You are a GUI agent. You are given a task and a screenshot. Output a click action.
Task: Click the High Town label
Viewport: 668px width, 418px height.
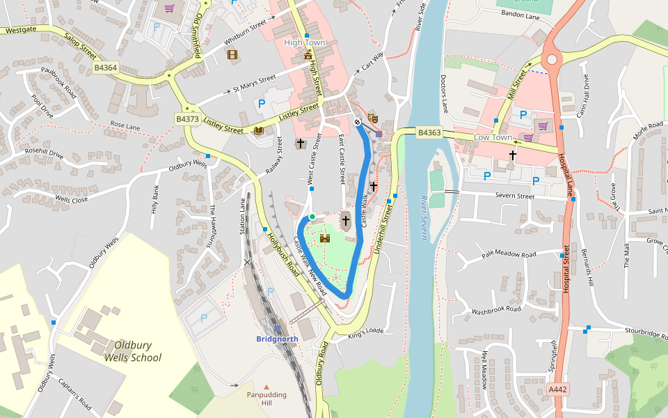(305, 42)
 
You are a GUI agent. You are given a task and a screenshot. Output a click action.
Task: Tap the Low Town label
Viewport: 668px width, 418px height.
(493, 137)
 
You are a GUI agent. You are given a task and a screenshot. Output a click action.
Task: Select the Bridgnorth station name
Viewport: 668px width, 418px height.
(277, 339)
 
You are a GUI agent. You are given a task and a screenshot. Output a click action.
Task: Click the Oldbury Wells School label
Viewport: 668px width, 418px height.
(132, 351)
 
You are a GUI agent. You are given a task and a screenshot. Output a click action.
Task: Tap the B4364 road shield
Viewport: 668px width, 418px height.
(106, 68)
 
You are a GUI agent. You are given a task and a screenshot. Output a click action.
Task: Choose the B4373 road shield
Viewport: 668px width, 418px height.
(187, 119)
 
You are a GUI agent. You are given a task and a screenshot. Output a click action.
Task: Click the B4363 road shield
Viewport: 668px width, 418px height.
(429, 132)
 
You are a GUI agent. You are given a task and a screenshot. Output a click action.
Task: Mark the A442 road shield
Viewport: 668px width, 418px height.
(558, 389)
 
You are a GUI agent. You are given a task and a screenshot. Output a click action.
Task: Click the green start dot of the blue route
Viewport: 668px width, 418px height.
(312, 217)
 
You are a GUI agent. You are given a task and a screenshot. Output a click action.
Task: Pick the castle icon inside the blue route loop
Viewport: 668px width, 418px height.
(324, 238)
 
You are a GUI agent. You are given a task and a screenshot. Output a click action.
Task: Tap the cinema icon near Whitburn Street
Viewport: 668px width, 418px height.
(232, 54)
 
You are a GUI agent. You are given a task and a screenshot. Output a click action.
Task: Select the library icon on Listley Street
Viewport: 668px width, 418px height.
(259, 130)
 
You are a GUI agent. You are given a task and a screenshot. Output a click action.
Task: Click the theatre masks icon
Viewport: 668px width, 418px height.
(372, 118)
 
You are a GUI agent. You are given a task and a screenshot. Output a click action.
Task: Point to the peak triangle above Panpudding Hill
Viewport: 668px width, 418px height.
(266, 387)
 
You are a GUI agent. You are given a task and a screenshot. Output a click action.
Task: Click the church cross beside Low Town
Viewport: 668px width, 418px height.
(513, 155)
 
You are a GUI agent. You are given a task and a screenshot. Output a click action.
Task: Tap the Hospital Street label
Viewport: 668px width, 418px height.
(566, 268)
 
